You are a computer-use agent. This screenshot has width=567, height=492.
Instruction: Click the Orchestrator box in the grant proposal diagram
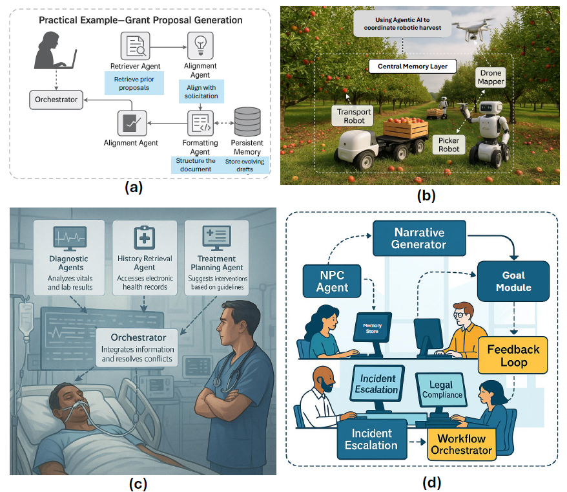click(57, 100)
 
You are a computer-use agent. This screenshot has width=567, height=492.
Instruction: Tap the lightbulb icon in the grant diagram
click(200, 44)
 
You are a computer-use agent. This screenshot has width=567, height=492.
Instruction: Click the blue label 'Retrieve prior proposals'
click(134, 83)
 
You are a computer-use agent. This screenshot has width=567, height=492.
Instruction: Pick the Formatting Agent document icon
click(200, 123)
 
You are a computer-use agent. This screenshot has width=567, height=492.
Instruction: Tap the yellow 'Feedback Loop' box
click(513, 356)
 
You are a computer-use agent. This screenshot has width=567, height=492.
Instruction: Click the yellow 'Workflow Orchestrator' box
click(461, 444)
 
